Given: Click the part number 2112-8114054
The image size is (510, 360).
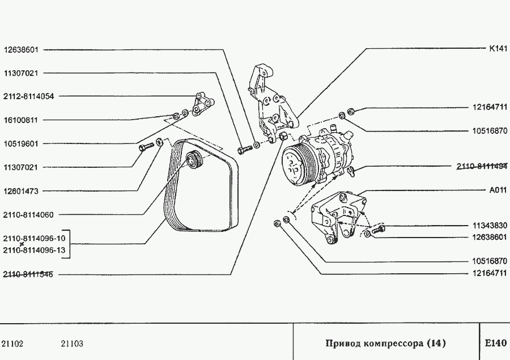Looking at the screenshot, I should pos(29,96).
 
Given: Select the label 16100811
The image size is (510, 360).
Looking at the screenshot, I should pos(21,120).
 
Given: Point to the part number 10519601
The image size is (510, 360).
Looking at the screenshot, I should pos(21,144).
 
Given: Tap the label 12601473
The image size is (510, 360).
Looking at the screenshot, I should pos(21,192).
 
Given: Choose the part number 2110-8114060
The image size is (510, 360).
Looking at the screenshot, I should pos(29,215).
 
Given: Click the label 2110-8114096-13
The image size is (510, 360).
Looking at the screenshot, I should pos(34,250).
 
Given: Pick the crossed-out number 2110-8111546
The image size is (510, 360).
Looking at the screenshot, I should pos(29,275).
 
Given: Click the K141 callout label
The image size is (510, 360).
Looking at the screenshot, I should pos(498,49).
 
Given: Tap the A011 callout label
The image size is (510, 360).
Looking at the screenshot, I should pos(498,190).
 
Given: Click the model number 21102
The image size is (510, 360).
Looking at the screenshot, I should pos(12,344).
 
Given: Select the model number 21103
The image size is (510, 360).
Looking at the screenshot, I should pos(72,344).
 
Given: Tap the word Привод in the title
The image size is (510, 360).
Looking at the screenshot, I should pos(341,343).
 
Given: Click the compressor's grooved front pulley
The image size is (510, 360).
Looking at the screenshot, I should pos(296,164).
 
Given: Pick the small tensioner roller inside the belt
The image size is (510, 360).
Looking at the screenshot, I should pos(194,160).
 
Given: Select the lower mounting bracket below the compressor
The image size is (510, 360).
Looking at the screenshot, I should pos(334,218).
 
